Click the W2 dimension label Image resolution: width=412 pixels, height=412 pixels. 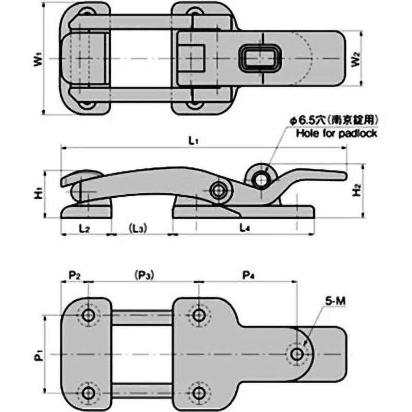pyautogui.click(x=356, y=60)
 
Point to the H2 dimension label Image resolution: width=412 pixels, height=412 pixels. pyautogui.click(x=356, y=192)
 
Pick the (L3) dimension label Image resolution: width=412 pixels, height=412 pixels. pyautogui.click(x=136, y=227)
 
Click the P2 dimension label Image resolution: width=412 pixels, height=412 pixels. pyautogui.click(x=75, y=274)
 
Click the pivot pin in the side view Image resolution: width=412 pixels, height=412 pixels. pyautogui.click(x=221, y=190)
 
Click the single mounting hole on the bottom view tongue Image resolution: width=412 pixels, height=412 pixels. pyautogui.click(x=297, y=354)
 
